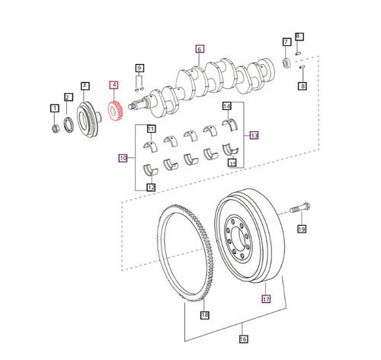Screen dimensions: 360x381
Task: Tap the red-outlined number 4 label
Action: point(114,85)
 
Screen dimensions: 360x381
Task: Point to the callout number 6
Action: point(200,49)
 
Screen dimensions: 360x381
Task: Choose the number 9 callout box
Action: point(140,68)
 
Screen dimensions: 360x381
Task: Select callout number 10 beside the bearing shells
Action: point(122,159)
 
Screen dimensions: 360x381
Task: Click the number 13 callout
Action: point(254,135)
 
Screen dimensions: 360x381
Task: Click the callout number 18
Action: point(204,315)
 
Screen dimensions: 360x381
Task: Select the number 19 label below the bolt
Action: point(301,228)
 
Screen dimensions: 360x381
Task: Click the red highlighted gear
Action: point(117,112)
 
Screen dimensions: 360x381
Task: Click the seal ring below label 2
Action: point(69,122)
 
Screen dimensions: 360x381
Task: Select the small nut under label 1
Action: point(55,126)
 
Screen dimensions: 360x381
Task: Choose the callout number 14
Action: point(226,105)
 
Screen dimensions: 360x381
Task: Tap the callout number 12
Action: point(150,188)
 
